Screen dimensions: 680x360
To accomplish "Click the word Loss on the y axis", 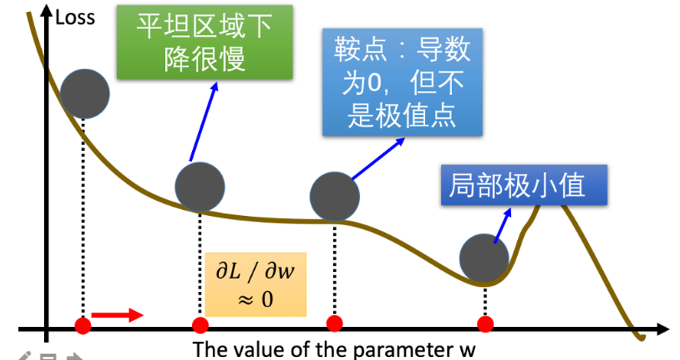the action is pyautogui.click(x=75, y=16).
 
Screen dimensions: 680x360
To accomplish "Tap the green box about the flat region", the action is pyautogui.click(x=203, y=42).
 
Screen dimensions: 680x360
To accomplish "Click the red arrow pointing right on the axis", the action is pyautogui.click(x=117, y=314).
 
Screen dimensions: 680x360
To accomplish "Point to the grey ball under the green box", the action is pyautogui.click(x=200, y=186).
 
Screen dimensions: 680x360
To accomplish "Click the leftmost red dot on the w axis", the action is pyautogui.click(x=83, y=325).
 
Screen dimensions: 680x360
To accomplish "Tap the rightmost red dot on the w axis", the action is pyautogui.click(x=486, y=323).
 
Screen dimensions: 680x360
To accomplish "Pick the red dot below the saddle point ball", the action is pyautogui.click(x=335, y=323).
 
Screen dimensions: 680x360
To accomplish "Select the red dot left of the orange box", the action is pyautogui.click(x=200, y=325).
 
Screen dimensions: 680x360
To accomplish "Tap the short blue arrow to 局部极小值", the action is pyautogui.click(x=504, y=223).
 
